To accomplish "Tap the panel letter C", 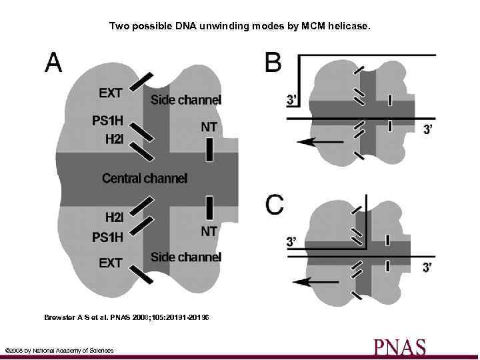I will pyautogui.click(x=275, y=205).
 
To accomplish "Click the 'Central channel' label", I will pyautogui.click(x=145, y=178).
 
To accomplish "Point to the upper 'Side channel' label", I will pyautogui.click(x=186, y=101).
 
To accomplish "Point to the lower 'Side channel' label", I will pyautogui.click(x=186, y=257).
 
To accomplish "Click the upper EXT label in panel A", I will pyautogui.click(x=111, y=93).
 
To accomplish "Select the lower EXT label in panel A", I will pyautogui.click(x=111, y=263).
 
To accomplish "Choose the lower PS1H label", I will pyautogui.click(x=107, y=237).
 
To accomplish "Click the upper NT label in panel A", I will pyautogui.click(x=209, y=127).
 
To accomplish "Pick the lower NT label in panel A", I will pyautogui.click(x=209, y=231).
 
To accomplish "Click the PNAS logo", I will pyautogui.click(x=399, y=347).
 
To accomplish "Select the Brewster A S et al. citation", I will pyautogui.click(x=127, y=318).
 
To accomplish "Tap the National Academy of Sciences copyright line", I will pyautogui.click(x=59, y=351).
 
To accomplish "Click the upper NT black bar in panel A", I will pyautogui.click(x=209, y=150).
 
